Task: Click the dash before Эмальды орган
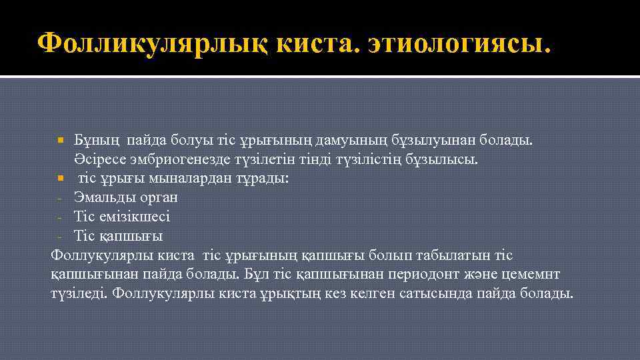60,199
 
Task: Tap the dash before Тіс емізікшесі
60,217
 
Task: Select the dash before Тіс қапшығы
60,237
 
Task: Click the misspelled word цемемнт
536,274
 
